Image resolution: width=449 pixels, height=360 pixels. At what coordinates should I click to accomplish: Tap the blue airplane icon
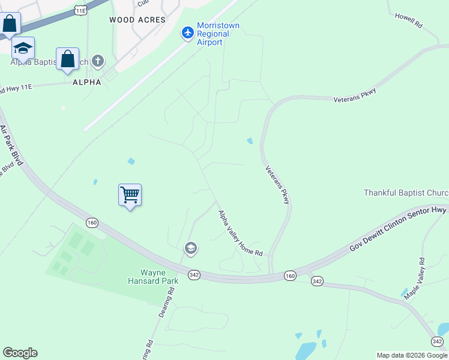click(188, 32)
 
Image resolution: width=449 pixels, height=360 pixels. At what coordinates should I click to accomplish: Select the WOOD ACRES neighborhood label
click(137, 20)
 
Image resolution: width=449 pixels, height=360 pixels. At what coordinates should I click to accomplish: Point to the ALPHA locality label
click(86, 82)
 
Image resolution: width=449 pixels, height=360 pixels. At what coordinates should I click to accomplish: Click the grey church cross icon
click(98, 61)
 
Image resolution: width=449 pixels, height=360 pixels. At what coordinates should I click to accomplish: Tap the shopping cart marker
click(130, 195)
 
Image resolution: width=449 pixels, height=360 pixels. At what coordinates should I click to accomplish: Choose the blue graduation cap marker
click(23, 48)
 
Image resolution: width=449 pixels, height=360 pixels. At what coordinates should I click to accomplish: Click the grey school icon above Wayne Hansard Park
click(191, 248)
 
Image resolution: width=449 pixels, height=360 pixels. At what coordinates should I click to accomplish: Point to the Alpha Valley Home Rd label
click(241, 233)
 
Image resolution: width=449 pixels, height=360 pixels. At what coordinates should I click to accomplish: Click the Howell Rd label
click(409, 20)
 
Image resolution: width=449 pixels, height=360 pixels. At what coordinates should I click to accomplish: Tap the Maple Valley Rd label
click(414, 278)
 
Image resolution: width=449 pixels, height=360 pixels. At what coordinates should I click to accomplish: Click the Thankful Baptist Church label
click(406, 193)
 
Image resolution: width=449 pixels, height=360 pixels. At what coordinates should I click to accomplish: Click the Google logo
click(20, 353)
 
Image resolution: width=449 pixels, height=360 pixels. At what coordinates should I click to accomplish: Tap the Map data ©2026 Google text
click(412, 355)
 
